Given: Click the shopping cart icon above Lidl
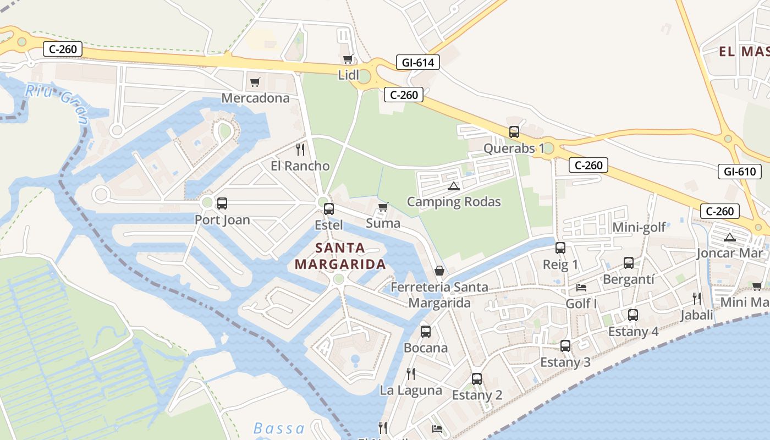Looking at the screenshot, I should pos(348,59).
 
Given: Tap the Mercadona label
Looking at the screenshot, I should pos(255,98).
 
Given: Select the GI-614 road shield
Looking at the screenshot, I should pos(418,63).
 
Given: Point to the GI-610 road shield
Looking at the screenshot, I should pos(739,172).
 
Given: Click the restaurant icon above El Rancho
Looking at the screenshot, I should pos(300,149).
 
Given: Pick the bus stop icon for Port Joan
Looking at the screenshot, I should pos(222,204).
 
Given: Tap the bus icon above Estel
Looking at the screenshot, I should pos(329,209).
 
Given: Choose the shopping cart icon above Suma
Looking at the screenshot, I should pos(383,207).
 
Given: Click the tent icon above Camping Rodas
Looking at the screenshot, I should pos(453,186).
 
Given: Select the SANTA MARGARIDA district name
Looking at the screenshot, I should pos(340,256).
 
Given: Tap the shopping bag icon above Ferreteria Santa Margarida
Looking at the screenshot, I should pos(439,271).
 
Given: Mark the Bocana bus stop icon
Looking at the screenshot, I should pos(426,332).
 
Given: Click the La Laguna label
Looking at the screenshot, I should pos(411,391).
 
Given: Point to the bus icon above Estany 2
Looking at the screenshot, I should pos(477,379).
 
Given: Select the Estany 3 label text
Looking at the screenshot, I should pos(565,362).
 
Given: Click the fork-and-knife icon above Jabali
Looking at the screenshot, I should pos(697,299).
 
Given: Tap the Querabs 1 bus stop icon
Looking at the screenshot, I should pos(514,132).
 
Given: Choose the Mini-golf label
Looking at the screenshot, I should pos(639,227).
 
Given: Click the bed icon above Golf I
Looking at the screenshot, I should pos(581,288).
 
